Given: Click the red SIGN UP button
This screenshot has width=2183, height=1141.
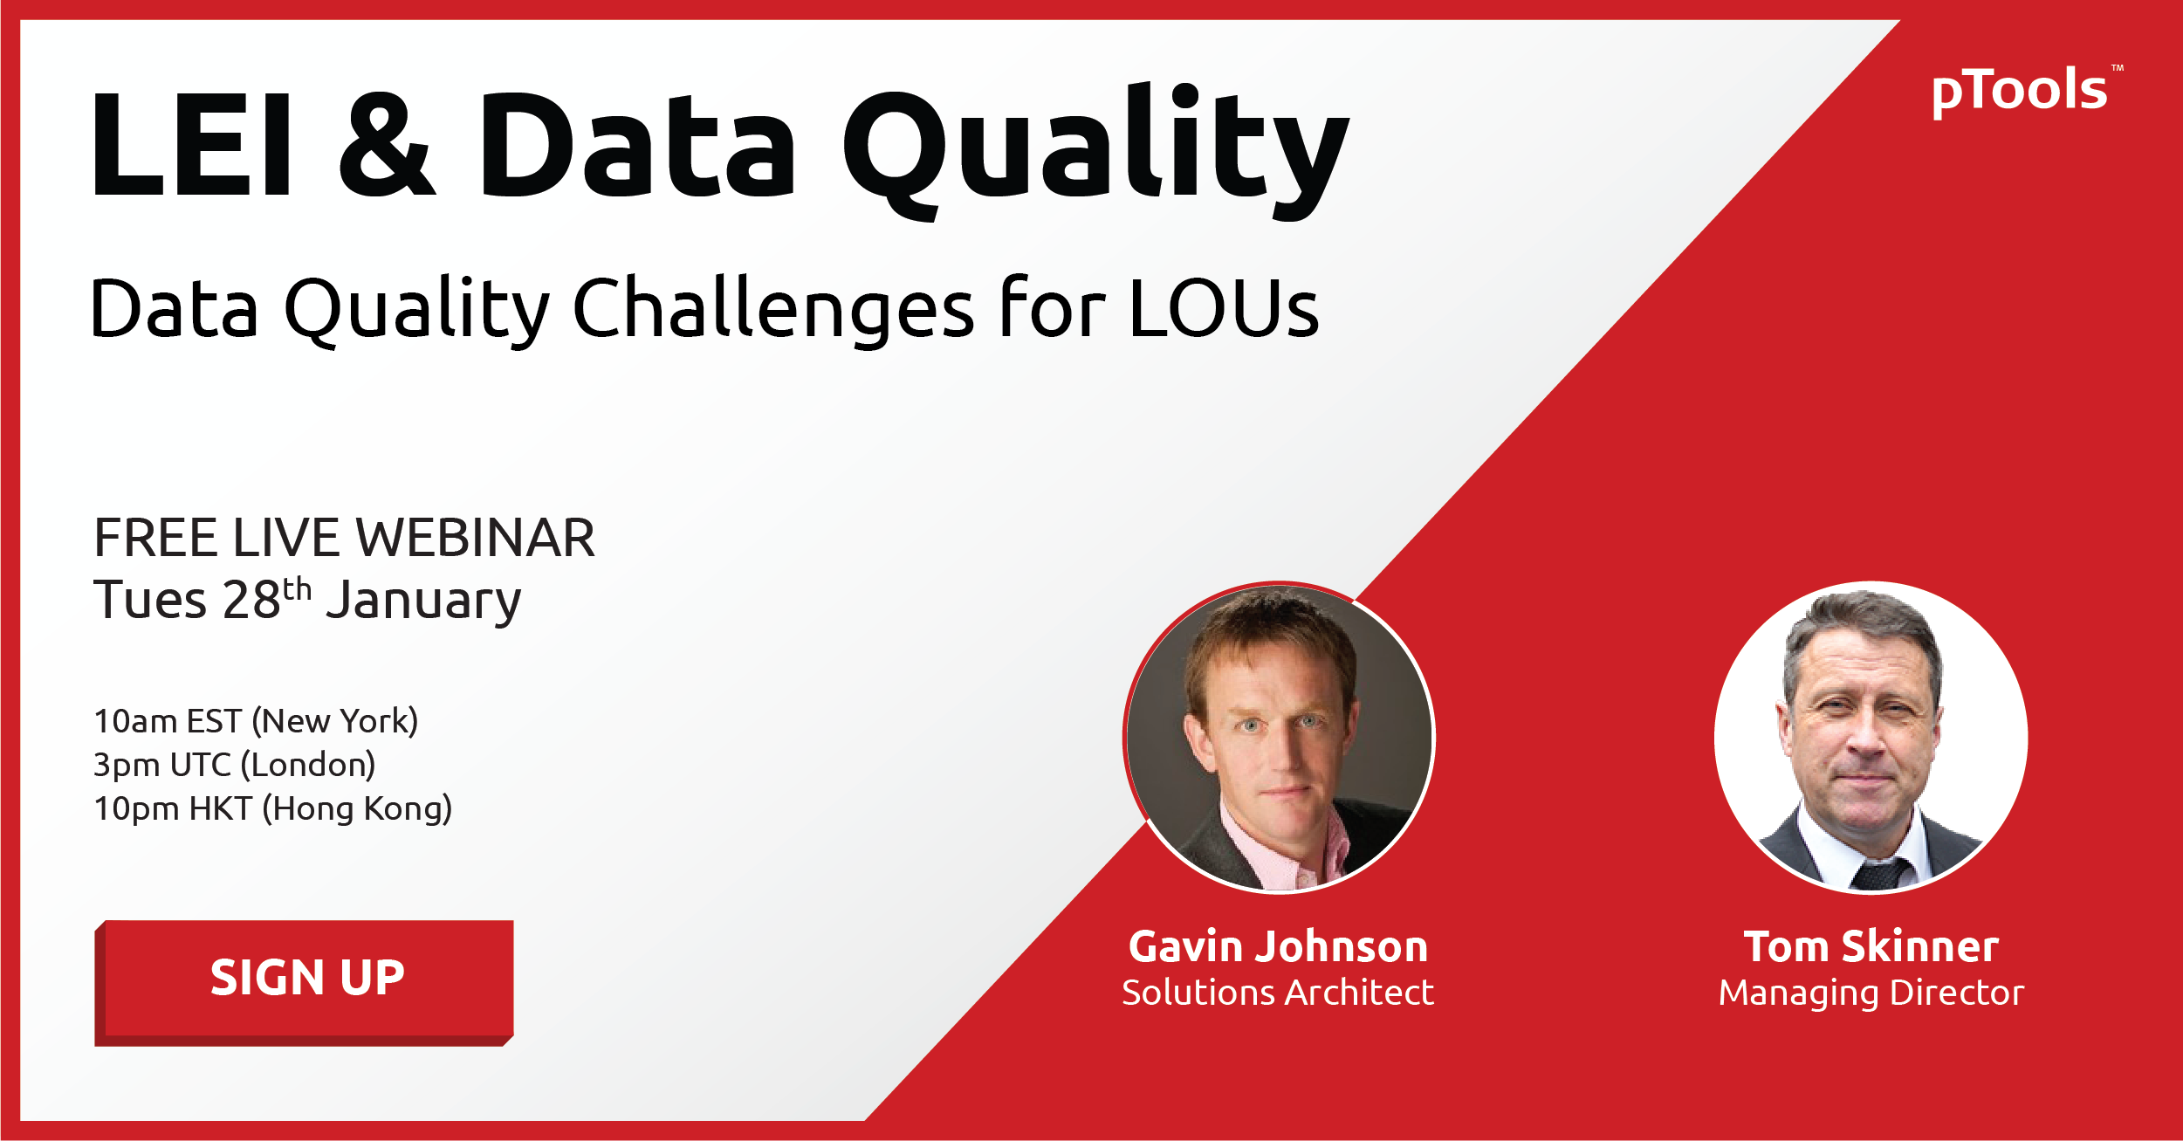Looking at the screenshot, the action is click(x=305, y=982).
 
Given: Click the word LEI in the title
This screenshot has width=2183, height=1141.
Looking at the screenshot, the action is click(x=191, y=144).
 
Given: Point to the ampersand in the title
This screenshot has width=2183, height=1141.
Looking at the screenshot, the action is click(x=386, y=145).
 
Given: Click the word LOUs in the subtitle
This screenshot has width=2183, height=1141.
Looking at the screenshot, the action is click(x=1224, y=308).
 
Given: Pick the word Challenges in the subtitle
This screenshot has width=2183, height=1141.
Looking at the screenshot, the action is click(x=773, y=311).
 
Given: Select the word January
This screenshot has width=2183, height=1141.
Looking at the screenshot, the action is click(x=423, y=602).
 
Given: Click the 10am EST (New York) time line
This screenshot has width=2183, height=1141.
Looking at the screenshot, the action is click(x=256, y=721).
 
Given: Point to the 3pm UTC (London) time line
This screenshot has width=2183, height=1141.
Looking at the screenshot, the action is click(x=234, y=765).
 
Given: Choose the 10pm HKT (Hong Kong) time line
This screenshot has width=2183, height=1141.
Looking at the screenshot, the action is click(x=272, y=809).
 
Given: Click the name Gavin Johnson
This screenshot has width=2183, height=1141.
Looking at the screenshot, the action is click(x=1278, y=947).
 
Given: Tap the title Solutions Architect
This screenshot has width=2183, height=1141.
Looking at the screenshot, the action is click(x=1278, y=993).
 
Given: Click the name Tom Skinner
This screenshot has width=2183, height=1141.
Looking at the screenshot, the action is click(x=1871, y=946).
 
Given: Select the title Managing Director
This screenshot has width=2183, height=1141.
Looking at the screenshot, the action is click(x=1871, y=993).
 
